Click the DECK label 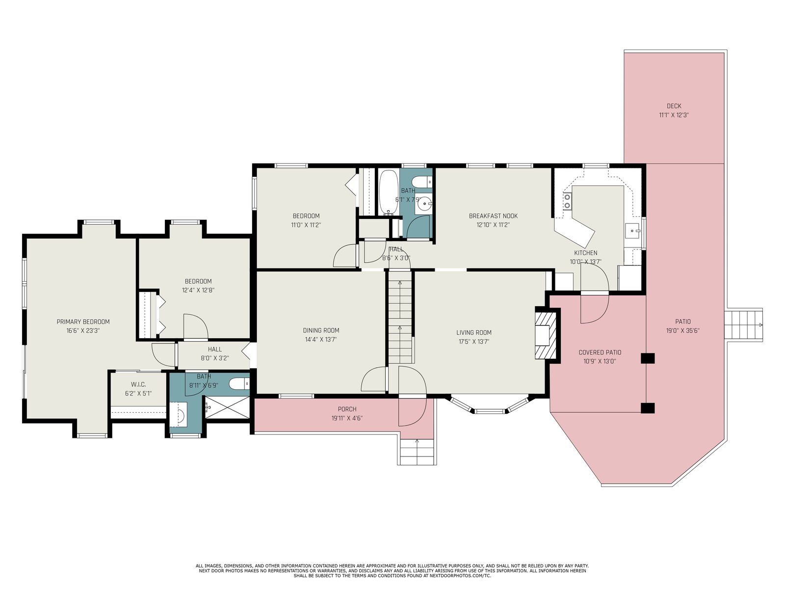click(674, 106)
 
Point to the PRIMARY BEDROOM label click(83, 321)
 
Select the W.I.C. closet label click(138, 384)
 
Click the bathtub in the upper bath click(388, 192)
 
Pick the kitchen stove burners click(567, 201)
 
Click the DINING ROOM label click(321, 330)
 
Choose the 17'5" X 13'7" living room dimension click(474, 341)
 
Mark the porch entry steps click(417, 452)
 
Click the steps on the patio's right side click(743, 325)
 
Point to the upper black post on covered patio click(647, 358)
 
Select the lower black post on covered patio click(647, 408)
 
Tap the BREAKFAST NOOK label click(493, 215)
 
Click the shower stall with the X click(227, 408)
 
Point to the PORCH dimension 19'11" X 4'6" click(347, 418)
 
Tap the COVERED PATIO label click(600, 352)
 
